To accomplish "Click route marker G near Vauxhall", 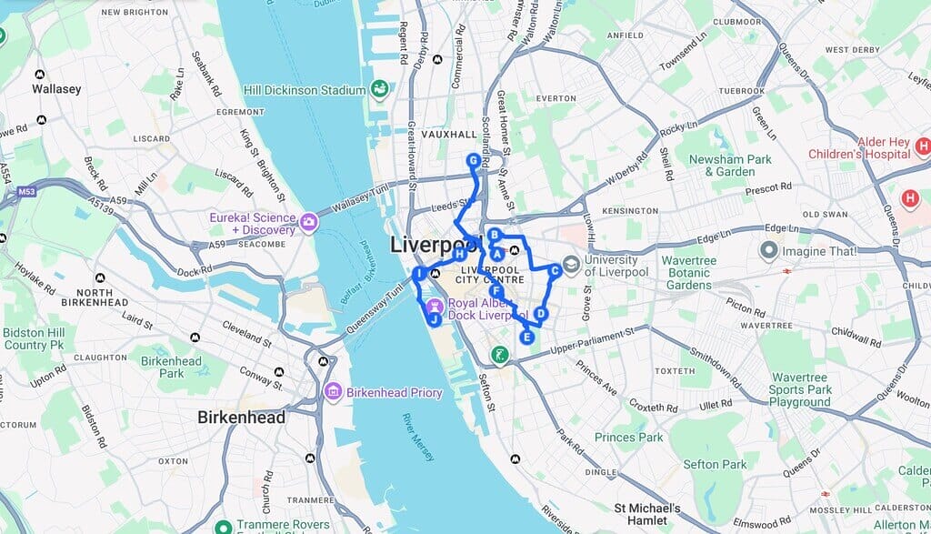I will click(x=473, y=160).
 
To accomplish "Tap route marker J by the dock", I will click(x=434, y=319).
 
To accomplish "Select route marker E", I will click(x=526, y=338).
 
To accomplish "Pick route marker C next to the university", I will click(x=555, y=269).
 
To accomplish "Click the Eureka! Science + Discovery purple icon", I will click(x=310, y=222).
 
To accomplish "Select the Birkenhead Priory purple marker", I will click(x=334, y=392).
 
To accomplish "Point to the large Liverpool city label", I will click(x=435, y=244).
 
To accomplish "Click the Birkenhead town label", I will click(x=241, y=418).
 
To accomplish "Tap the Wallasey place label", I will click(x=56, y=89).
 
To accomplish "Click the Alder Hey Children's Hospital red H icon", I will click(x=923, y=146).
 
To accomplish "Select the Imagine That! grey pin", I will click(x=769, y=250).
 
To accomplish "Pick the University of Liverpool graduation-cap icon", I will click(x=572, y=266).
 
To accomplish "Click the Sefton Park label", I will click(x=715, y=465).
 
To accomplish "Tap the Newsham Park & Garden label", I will click(x=729, y=166).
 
